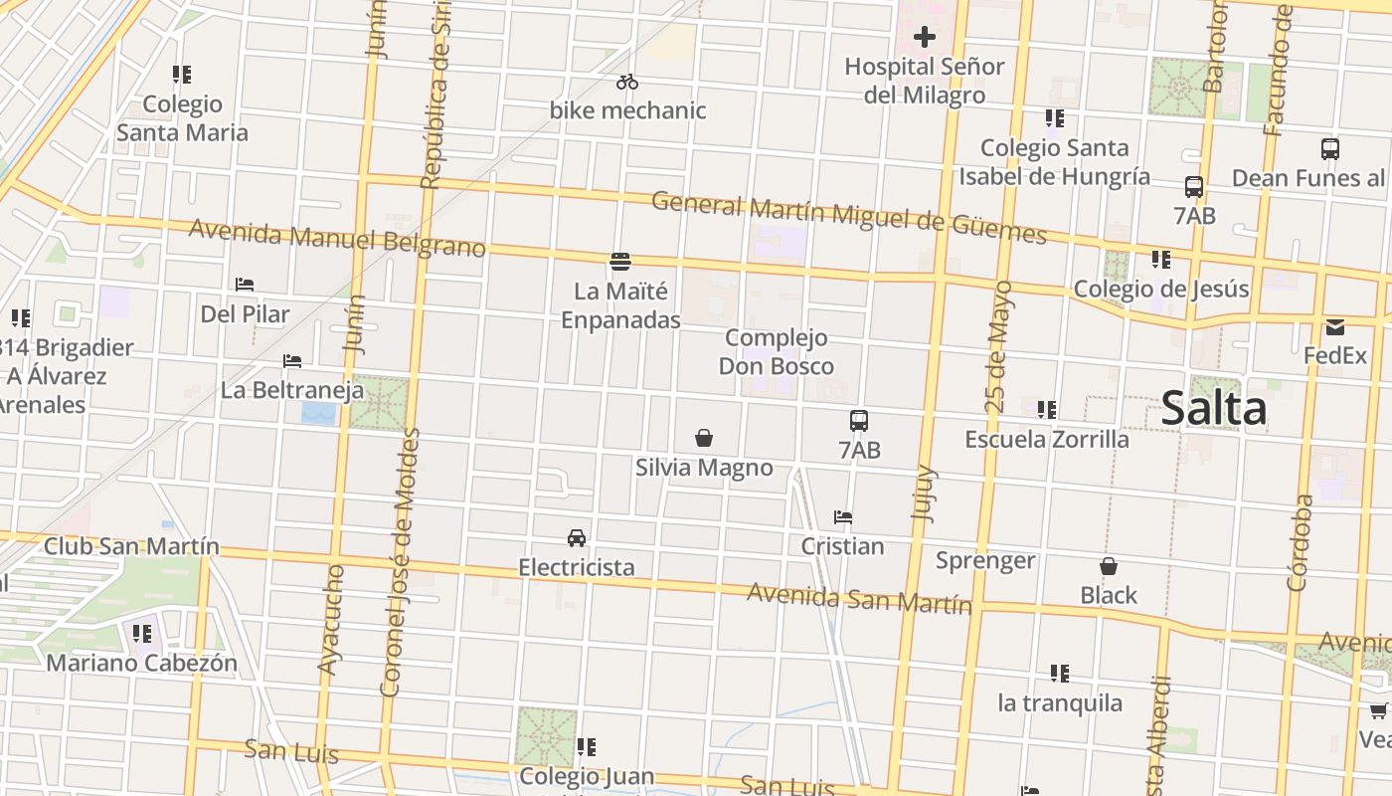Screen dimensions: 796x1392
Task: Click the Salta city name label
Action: (1214, 409)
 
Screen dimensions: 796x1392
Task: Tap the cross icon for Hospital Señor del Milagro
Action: (925, 38)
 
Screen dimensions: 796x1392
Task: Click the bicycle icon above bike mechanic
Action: (626, 82)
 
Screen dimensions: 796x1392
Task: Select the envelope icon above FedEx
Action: (1334, 326)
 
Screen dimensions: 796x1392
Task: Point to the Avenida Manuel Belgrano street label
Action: (336, 238)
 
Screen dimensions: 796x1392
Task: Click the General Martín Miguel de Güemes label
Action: (848, 218)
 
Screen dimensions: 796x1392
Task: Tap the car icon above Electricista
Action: (576, 538)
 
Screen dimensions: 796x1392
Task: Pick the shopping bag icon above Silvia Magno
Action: (704, 438)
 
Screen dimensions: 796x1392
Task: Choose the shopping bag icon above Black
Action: (1109, 566)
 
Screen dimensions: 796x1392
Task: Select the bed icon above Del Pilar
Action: (245, 285)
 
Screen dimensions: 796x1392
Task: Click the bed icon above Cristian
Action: (843, 517)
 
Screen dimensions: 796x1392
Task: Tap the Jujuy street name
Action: (925, 494)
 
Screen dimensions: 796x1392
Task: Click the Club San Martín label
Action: (131, 546)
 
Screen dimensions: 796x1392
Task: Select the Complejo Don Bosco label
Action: (777, 351)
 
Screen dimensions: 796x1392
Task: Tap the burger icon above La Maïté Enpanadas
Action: (620, 262)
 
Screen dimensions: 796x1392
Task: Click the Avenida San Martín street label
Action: (859, 599)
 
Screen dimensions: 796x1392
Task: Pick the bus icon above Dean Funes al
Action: (1330, 149)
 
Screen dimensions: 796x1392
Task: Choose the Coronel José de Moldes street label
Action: (401, 562)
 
